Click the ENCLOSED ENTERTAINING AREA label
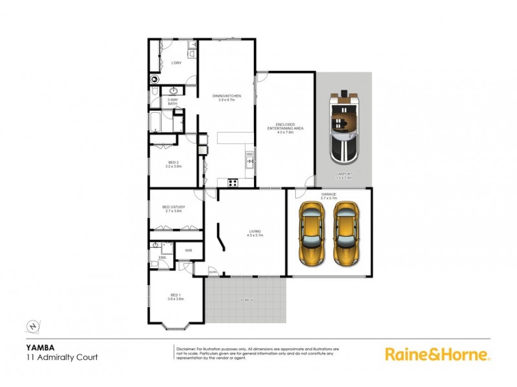285,129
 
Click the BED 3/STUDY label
173,208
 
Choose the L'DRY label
176,63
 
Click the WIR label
188,250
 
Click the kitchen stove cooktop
233,182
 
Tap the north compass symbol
33,325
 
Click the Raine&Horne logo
438,353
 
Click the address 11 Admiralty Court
61,357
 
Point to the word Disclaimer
188,348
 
